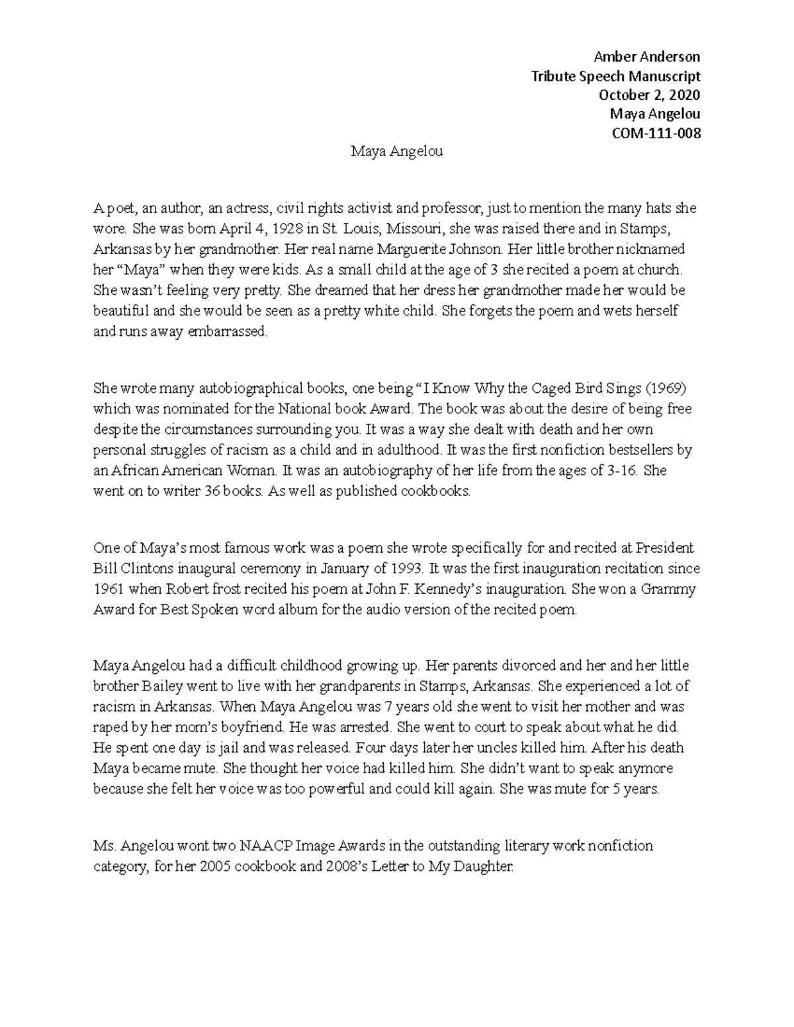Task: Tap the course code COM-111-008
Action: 657,133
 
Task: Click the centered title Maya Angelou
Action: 396,152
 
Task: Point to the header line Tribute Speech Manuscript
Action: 615,75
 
